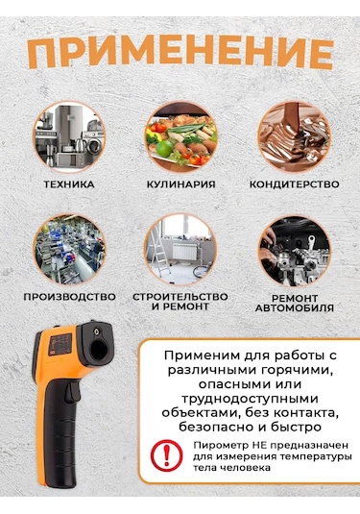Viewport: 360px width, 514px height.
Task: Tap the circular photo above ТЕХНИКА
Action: coord(68,135)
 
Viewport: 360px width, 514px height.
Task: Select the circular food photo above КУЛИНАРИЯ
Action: coord(180,135)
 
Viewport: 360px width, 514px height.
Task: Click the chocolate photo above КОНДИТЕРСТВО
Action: coord(293,135)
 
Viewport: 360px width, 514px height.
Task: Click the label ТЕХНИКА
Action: coord(68,184)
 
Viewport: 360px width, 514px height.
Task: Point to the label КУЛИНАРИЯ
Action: coord(180,184)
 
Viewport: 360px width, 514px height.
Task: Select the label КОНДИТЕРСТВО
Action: coord(293,184)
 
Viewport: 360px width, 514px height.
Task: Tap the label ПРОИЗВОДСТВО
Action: coord(68,297)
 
